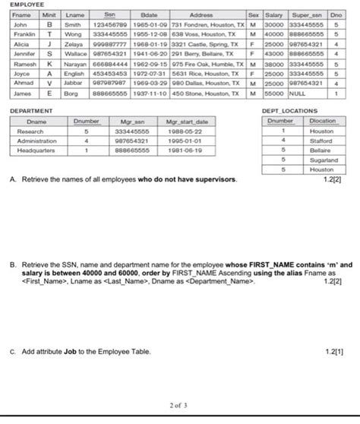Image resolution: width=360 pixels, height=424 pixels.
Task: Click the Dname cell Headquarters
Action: click(35, 150)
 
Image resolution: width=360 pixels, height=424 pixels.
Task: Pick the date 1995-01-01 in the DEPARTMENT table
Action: click(180, 141)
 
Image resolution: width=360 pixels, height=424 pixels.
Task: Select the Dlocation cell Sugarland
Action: click(323, 161)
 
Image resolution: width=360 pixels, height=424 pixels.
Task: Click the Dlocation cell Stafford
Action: click(323, 141)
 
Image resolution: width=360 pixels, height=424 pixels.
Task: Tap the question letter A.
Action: click(14, 179)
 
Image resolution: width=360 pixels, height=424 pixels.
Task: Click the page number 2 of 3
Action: click(180, 407)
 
